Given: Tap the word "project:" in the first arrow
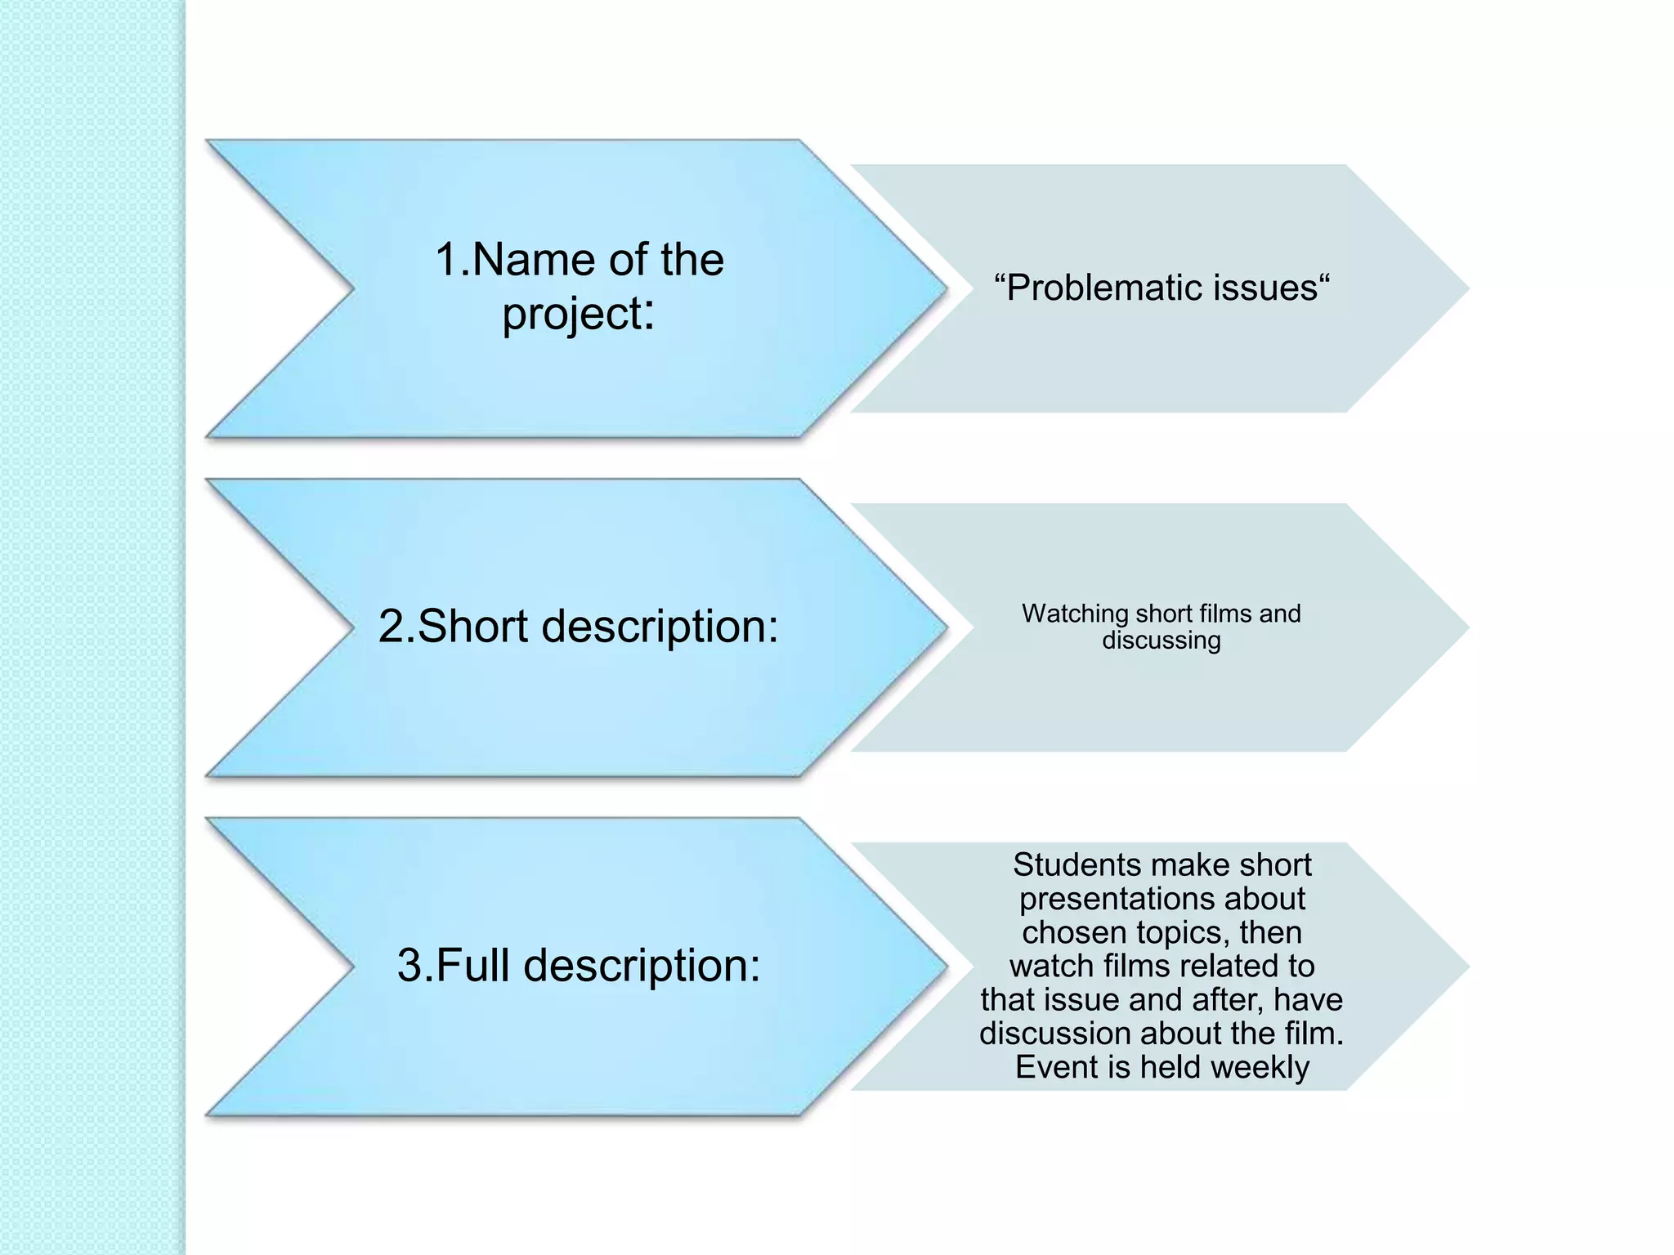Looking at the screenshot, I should pos(578,314).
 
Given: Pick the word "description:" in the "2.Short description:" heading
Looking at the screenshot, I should pos(660,626).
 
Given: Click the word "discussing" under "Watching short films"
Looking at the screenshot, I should pos(1161,641).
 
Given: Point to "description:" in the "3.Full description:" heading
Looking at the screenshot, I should pos(642,965).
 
